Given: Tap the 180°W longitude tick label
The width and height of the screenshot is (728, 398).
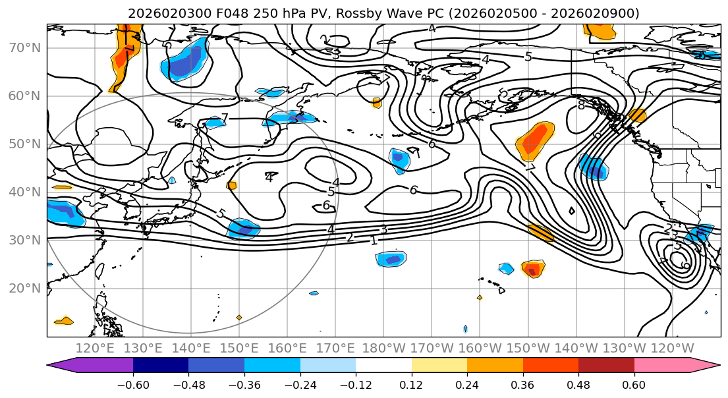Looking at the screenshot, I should click(383, 349).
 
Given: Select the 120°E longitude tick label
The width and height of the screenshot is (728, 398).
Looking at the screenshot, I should click(95, 349).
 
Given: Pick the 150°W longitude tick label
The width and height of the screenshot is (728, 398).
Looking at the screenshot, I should click(528, 349).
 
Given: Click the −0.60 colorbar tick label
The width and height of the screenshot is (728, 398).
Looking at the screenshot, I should click(133, 384).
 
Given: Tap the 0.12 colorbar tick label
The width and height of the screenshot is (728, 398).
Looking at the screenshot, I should click(412, 384).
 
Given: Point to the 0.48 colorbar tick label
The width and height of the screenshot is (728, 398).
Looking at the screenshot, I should click(578, 384).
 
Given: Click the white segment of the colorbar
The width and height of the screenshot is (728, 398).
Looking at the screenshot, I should click(383, 366).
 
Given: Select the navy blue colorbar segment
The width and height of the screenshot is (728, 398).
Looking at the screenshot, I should click(161, 366).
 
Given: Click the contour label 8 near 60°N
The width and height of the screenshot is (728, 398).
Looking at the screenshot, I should click(580, 105).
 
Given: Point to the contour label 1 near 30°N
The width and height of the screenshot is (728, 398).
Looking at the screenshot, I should click(374, 241).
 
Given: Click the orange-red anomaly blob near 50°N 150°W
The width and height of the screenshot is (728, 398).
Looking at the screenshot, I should click(535, 140).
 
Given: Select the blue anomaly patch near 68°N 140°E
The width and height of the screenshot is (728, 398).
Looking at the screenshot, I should click(186, 61).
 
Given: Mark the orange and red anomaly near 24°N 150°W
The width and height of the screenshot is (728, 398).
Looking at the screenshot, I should click(533, 269).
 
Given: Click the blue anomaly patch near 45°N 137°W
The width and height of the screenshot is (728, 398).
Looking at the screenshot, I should click(593, 167).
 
